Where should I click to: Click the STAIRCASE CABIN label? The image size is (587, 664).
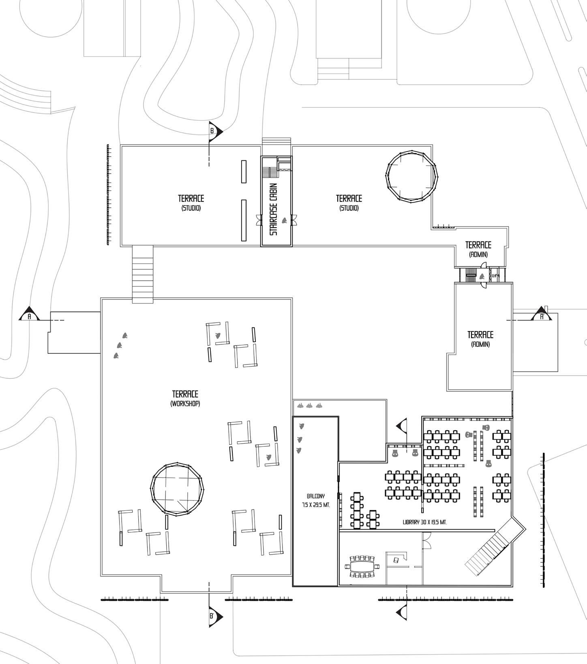(274, 209)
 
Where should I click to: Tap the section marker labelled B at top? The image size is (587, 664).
(214, 130)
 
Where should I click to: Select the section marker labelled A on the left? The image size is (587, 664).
(29, 316)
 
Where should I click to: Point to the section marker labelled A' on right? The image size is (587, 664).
(542, 316)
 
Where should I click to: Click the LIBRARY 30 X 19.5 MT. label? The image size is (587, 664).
(424, 522)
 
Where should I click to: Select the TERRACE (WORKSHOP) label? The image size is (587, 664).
(185, 398)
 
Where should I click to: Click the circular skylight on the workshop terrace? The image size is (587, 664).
(177, 489)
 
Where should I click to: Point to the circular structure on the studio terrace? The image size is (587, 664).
(412, 177)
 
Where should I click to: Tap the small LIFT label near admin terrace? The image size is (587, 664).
(495, 276)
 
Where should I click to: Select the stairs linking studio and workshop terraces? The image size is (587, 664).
(143, 274)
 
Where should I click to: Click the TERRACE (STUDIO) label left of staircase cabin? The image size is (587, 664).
(191, 202)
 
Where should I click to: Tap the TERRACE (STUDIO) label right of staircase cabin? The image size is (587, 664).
(349, 202)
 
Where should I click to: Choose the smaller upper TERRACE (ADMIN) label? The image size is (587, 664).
(478, 249)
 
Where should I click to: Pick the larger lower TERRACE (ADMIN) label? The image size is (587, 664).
(480, 339)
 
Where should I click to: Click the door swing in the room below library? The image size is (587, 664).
(426, 540)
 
